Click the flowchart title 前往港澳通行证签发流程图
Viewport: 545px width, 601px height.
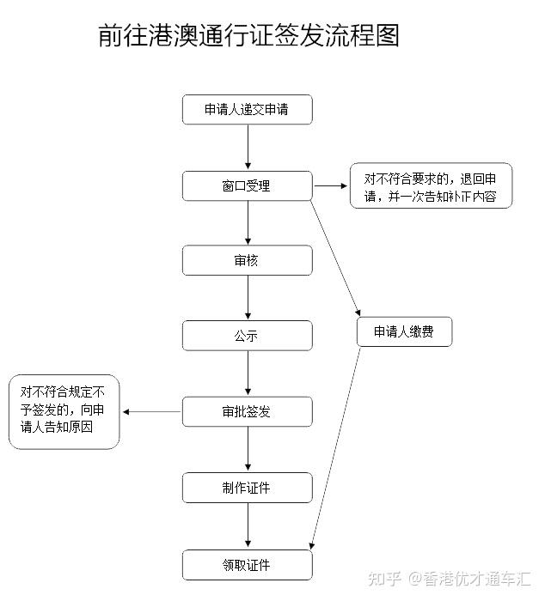coord(249,37)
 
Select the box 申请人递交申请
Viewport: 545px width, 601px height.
coord(247,110)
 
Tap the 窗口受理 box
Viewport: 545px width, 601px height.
coord(247,185)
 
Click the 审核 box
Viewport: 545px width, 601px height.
coord(247,260)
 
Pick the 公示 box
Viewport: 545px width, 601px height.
coord(247,336)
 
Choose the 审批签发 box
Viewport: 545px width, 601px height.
coord(247,411)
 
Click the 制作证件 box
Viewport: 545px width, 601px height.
coord(247,488)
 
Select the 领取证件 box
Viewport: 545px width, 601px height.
coord(247,564)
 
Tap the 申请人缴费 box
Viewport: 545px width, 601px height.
coord(404,332)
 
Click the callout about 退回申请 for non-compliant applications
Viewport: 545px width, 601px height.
coord(431,186)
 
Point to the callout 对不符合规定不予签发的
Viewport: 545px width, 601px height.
coord(64,412)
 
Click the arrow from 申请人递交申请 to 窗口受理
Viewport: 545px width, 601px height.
coord(248,148)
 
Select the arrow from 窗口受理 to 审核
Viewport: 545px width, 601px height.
coord(248,223)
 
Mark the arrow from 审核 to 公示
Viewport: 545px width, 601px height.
coord(248,298)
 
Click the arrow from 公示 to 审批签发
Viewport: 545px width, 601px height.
coord(248,373)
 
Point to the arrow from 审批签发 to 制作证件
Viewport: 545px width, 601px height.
coord(248,449)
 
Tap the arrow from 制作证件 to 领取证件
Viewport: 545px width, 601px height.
coord(248,525)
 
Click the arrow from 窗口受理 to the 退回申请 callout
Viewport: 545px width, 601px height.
coord(331,185)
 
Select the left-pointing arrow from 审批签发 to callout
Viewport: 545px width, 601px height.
coord(151,412)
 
